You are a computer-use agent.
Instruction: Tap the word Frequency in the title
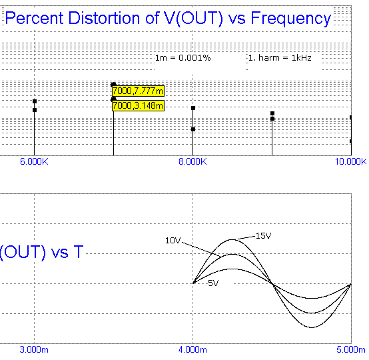291,19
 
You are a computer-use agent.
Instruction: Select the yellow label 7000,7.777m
138,91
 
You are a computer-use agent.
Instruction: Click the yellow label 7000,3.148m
138,105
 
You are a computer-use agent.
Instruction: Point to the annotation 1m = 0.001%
183,58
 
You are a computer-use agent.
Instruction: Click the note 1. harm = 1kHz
280,58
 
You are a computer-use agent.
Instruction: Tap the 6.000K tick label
34,161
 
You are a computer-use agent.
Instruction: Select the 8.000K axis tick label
192,161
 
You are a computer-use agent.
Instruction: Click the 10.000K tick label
350,161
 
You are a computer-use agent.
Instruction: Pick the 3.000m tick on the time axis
34,349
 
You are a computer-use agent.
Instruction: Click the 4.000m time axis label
192,349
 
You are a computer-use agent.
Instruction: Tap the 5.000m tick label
351,349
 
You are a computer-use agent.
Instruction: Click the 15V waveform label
263,235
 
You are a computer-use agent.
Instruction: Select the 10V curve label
173,240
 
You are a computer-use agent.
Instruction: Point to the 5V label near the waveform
213,283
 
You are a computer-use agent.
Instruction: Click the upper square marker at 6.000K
35,101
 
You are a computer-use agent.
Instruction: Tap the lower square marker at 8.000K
193,129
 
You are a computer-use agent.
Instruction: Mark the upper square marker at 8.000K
193,108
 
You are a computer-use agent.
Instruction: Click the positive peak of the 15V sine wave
232,239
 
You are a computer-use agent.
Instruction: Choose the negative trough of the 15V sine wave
311,327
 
